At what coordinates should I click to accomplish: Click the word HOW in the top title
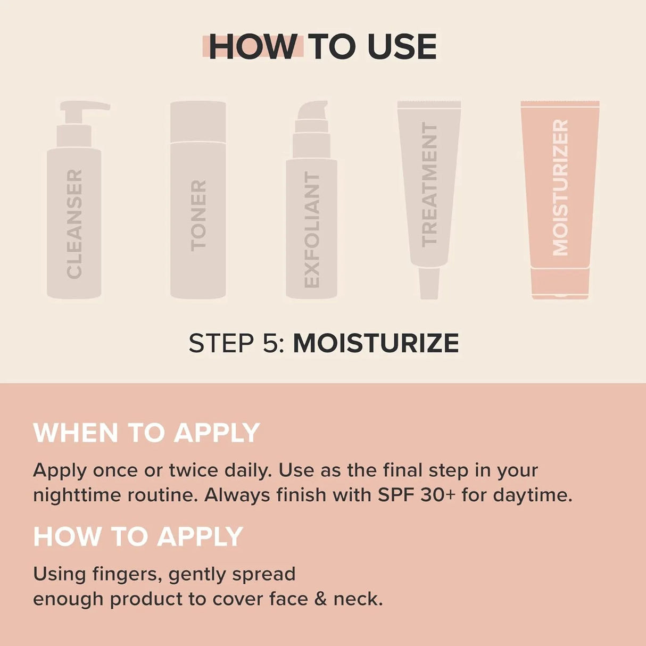click(x=252, y=47)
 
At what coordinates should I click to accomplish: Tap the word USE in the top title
click(x=402, y=47)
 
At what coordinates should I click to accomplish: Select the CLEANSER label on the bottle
click(x=74, y=223)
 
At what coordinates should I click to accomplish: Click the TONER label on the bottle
click(x=198, y=215)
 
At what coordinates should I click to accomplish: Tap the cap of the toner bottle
click(x=198, y=121)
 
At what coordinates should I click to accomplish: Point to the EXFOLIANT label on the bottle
click(x=312, y=230)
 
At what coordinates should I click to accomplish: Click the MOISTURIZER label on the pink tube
click(x=560, y=187)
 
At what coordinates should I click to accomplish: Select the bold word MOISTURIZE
click(x=376, y=343)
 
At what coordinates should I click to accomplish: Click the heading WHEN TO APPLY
click(x=146, y=433)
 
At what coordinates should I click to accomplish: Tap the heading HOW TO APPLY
click(x=138, y=536)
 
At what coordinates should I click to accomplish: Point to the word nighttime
click(x=77, y=495)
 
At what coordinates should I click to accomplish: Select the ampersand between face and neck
click(x=320, y=599)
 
